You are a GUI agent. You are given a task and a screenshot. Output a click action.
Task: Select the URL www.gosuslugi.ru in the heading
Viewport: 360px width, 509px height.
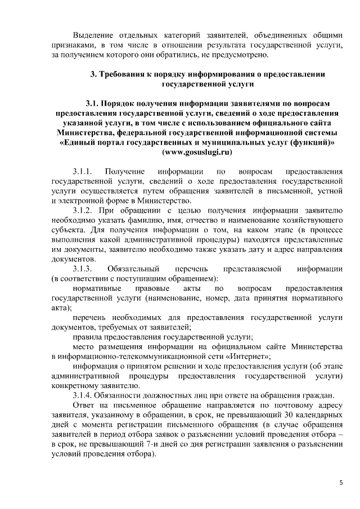197,152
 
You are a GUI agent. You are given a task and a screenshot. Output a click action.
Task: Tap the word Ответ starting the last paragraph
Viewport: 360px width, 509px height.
84,404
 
